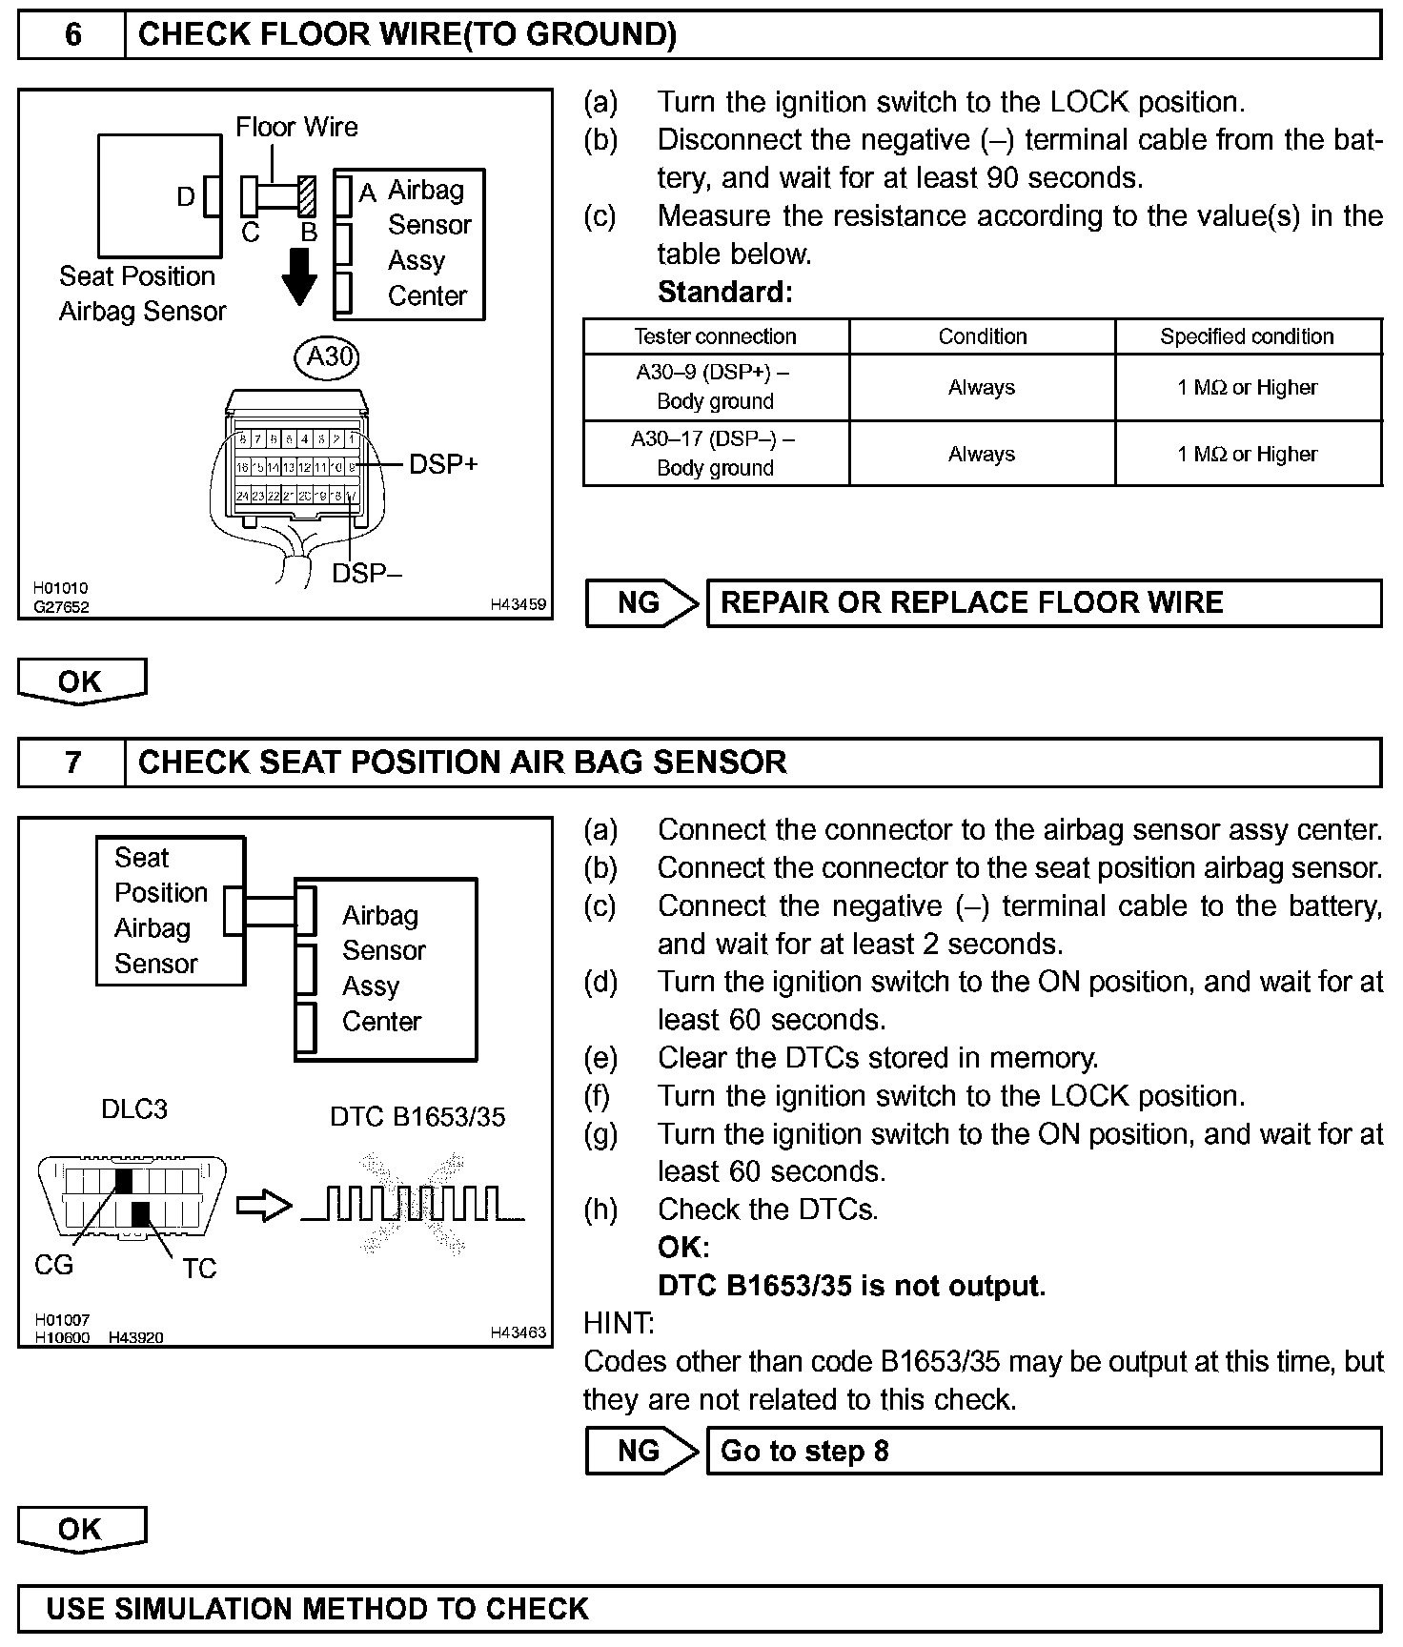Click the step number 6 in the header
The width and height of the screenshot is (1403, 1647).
(72, 35)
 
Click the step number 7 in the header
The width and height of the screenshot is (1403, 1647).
(72, 762)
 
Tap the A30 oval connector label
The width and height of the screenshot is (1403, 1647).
(328, 356)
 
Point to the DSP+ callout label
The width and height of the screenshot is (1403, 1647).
(443, 464)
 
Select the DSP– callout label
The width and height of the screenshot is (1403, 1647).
(367, 573)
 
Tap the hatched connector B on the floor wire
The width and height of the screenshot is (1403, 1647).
(306, 196)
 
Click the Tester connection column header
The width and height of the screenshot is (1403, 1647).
(715, 336)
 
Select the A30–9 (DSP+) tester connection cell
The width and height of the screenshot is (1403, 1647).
(715, 387)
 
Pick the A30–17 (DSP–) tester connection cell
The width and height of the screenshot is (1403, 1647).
(715, 454)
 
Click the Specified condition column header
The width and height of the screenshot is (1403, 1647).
(1247, 336)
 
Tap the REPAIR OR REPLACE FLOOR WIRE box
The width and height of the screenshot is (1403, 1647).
(1044, 603)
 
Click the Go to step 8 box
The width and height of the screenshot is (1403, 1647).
(1044, 1451)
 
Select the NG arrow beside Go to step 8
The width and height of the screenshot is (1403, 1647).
(641, 1451)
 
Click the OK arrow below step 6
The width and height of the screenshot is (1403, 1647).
(82, 681)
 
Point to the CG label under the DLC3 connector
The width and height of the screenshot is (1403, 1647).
(53, 1265)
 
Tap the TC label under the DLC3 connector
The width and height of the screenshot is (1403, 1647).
(199, 1269)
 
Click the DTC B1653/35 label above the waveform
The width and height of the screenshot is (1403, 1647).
(417, 1117)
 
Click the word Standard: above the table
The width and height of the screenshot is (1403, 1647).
(724, 292)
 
